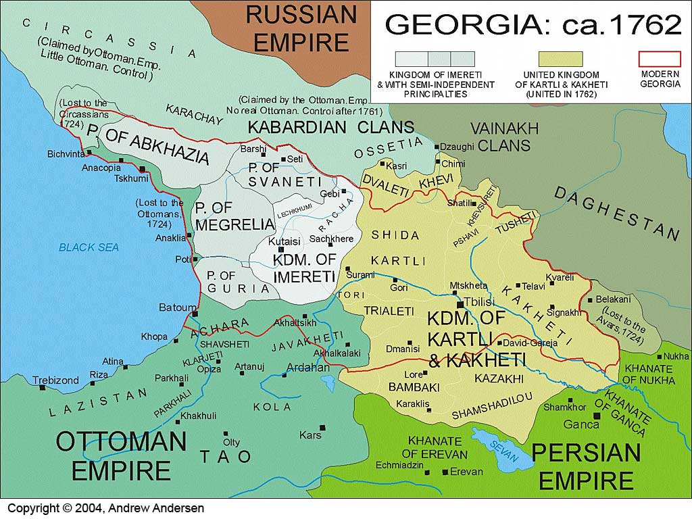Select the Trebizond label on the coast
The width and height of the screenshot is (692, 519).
[55, 380]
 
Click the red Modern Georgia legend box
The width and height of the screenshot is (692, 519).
[660, 59]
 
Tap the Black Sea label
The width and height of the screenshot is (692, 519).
[89, 247]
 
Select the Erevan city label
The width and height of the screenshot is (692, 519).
[466, 472]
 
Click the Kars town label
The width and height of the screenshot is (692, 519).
[310, 435]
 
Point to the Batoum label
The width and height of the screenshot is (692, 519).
[177, 307]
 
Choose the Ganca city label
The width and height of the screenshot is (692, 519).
[580, 424]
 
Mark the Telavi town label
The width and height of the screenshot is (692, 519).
[534, 286]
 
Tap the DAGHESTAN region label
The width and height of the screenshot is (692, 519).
[616, 212]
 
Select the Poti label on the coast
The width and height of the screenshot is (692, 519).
[182, 259]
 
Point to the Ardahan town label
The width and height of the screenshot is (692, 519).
[308, 368]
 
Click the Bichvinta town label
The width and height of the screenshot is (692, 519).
[65, 153]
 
